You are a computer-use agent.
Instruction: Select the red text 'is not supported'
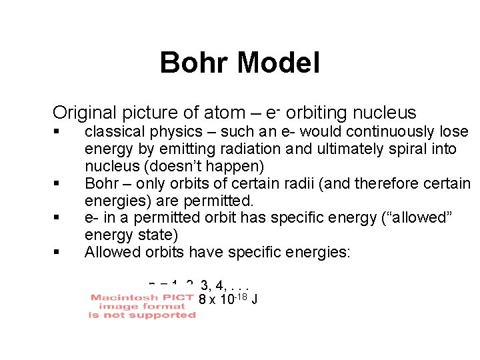[142, 315]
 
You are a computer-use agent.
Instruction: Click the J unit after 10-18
[254, 299]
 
